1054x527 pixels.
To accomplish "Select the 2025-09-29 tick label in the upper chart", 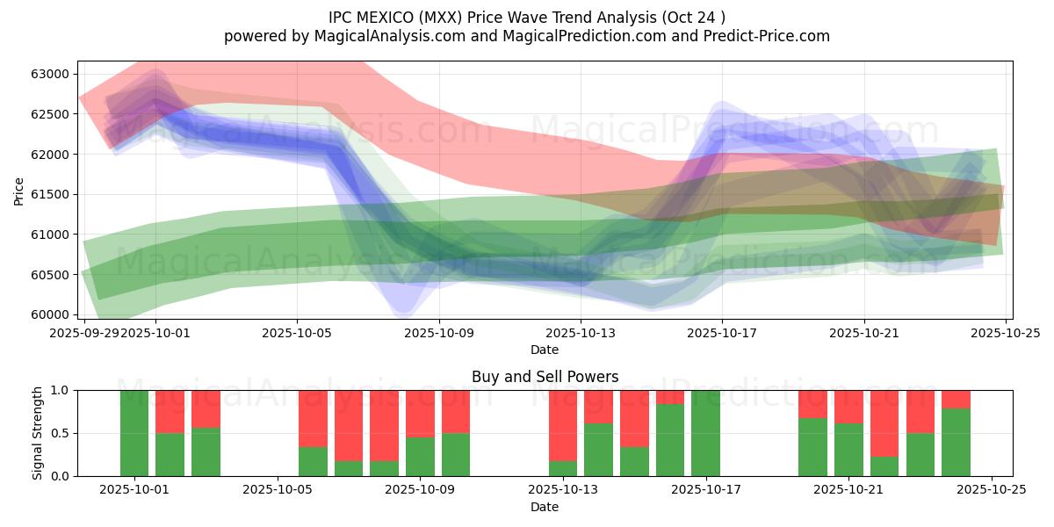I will tap(84, 333).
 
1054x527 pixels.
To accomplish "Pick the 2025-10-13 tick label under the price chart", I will tap(580, 333).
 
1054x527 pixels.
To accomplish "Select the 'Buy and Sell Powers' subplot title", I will tap(545, 377).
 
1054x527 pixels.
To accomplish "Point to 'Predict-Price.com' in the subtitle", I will tap(763, 36).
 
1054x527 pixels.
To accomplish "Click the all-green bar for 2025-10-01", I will tap(134, 433).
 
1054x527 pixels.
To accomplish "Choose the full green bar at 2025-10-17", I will tap(705, 433).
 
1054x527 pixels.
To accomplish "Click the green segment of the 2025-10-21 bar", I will tap(848, 450).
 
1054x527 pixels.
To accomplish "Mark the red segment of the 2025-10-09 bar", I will tap(420, 414).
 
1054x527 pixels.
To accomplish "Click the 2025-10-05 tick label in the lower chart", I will tap(278, 490).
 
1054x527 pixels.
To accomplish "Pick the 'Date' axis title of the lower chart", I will tap(545, 507).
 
